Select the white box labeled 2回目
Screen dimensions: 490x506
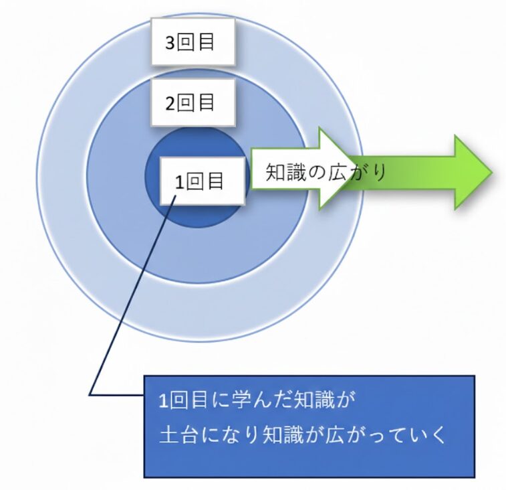click(x=193, y=102)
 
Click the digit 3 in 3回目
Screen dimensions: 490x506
click(x=170, y=42)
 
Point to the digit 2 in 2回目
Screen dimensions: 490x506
click(x=170, y=103)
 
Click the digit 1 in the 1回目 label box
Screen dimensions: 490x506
click(x=178, y=181)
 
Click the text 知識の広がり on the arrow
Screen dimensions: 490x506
click(x=326, y=172)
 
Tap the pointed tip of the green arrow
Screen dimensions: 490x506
click(x=491, y=171)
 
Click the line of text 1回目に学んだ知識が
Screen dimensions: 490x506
click(x=254, y=402)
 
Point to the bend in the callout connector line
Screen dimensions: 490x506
click(x=90, y=392)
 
